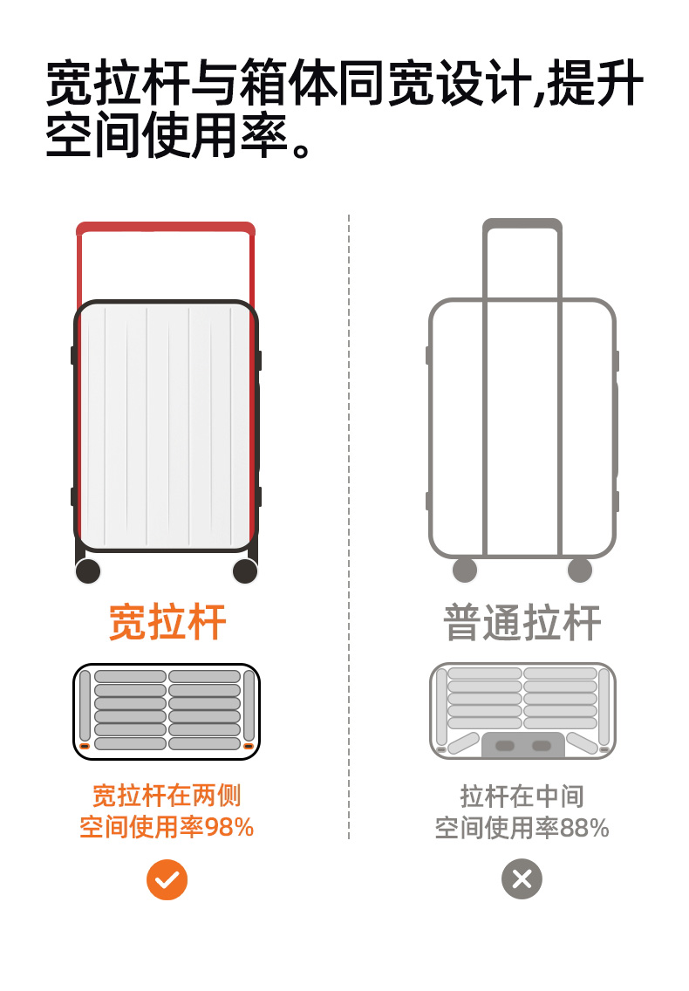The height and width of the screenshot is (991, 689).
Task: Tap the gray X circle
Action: click(522, 878)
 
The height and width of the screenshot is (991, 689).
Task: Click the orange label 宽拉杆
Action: click(167, 623)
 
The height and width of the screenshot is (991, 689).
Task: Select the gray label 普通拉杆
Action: click(522, 623)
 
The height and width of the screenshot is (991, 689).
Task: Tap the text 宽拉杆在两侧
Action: click(167, 796)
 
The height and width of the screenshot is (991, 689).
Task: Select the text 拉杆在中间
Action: click(522, 796)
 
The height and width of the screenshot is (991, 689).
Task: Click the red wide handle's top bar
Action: click(166, 229)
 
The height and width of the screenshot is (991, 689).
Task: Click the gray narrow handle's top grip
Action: click(522, 224)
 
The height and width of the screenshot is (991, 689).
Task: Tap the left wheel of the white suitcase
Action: click(88, 571)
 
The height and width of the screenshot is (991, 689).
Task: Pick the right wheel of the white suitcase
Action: click(245, 571)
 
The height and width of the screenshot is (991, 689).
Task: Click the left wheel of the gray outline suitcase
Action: click(465, 571)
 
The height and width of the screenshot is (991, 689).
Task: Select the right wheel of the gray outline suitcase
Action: click(580, 571)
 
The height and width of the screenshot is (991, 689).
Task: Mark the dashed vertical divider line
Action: click(349, 523)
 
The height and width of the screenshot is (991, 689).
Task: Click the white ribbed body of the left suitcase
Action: click(166, 427)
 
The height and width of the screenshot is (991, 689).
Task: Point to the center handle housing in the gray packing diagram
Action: click(522, 746)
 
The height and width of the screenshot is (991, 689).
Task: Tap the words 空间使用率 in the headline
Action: click(167, 136)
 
